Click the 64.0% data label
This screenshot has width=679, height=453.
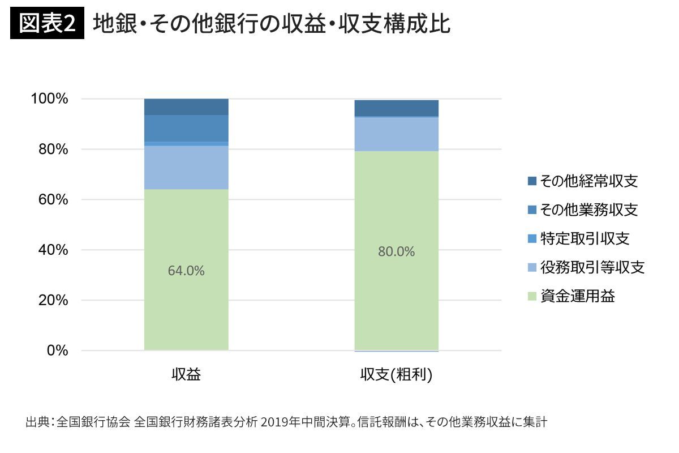(x=186, y=271)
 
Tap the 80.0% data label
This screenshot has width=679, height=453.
(x=396, y=252)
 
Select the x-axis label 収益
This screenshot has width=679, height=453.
(x=186, y=375)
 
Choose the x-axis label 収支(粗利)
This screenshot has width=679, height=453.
(x=396, y=375)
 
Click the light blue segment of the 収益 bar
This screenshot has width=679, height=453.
(x=186, y=168)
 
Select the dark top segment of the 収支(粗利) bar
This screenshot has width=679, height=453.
(x=396, y=108)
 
